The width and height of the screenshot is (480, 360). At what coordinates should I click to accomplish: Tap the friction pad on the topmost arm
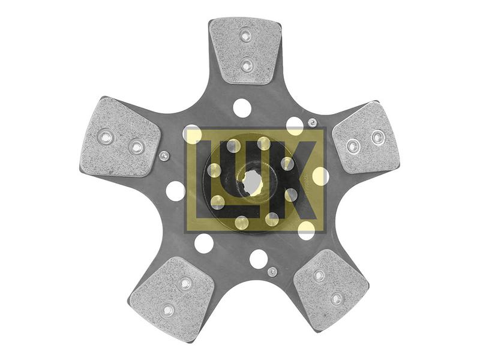[x=245, y=51]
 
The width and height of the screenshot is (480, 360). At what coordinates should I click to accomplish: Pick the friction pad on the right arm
[x=367, y=138]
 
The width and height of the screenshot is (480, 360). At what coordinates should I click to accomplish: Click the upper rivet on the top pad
[x=245, y=36]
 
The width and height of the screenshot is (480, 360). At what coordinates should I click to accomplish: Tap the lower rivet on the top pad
[x=246, y=65]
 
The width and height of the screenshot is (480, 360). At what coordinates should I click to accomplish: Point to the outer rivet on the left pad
[x=106, y=137]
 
